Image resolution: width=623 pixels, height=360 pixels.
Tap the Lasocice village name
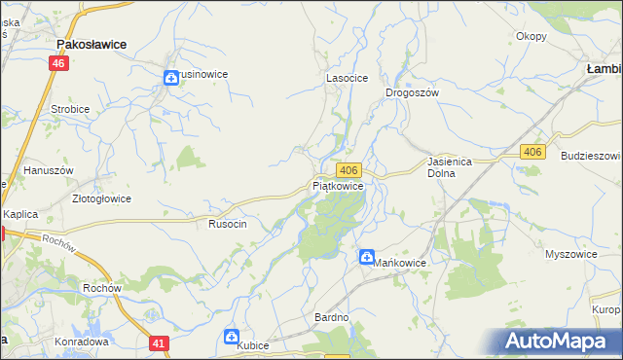(x=346, y=78)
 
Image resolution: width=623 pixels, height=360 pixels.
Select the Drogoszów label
(x=413, y=92)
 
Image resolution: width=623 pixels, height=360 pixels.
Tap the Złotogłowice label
(x=101, y=198)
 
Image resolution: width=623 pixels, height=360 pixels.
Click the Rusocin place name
(x=228, y=224)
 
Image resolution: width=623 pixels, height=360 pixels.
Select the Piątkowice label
(x=339, y=185)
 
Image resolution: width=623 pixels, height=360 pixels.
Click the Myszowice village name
(x=570, y=254)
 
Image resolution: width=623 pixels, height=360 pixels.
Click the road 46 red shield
(x=59, y=63)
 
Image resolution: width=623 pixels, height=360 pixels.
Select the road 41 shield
(x=160, y=342)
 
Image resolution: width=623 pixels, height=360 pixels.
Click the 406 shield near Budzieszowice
(x=531, y=153)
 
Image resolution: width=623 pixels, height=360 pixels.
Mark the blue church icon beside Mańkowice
(x=367, y=258)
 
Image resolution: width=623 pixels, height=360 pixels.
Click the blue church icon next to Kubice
(x=232, y=337)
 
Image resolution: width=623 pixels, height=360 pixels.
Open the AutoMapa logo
(x=563, y=341)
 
